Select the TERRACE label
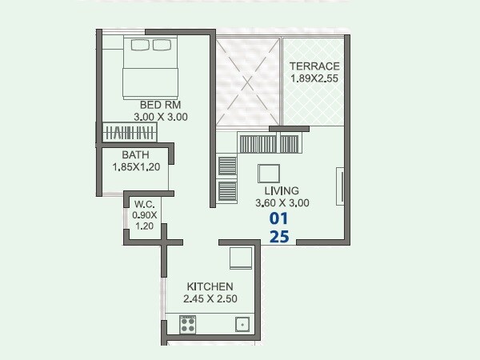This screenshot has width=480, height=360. (x=314, y=66)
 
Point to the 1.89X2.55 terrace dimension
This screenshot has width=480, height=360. (x=314, y=78)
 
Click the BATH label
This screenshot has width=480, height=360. (x=135, y=155)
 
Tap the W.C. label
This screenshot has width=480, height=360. (x=144, y=203)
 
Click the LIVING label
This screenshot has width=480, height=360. (x=281, y=190)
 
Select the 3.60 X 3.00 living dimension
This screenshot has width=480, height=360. (x=281, y=202)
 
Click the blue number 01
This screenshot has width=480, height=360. (x=278, y=218)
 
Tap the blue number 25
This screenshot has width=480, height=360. (x=278, y=237)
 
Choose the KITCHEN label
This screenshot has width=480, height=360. (x=210, y=286)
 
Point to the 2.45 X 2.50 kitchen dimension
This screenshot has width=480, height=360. (x=210, y=299)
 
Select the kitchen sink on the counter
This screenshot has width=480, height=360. (x=241, y=325)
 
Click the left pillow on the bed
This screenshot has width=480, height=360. (x=141, y=44)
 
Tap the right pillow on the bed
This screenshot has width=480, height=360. (x=164, y=44)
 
